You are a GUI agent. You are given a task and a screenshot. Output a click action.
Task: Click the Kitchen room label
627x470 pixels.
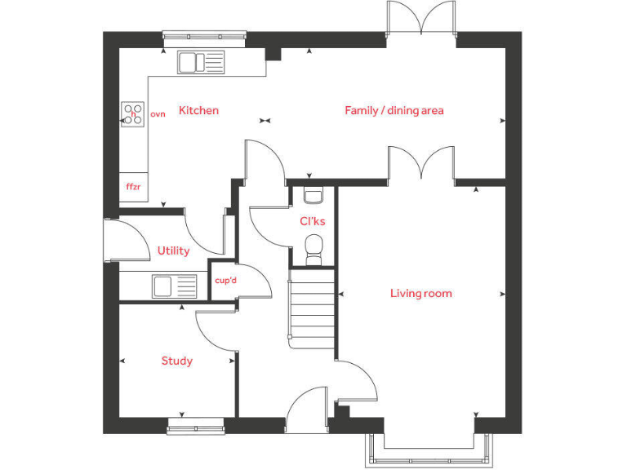pos(198,110)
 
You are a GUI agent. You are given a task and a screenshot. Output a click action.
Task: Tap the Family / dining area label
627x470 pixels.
pos(394,110)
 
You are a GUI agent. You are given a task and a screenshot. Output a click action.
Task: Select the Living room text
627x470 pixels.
pos(420,294)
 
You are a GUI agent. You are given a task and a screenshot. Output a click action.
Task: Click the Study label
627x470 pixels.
pos(176,361)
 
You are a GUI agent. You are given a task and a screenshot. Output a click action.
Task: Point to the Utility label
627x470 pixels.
pos(173,251)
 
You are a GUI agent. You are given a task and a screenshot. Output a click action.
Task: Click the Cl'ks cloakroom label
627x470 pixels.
pos(312,221)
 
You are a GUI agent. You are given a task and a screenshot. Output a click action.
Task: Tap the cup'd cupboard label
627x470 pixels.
pos(225,281)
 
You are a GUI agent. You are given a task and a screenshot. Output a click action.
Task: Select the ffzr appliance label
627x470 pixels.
pos(133,187)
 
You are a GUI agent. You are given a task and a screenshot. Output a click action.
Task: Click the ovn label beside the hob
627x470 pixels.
pos(158,114)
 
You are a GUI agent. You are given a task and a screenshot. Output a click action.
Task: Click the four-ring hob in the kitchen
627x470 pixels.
pos(133,113)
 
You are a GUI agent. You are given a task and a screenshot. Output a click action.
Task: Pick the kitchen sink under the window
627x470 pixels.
pos(201,62)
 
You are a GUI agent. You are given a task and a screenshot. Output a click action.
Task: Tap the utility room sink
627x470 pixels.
pos(174,286)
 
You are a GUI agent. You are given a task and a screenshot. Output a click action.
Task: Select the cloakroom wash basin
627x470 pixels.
pos(313,195)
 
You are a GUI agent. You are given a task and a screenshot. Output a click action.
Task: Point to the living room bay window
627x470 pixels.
pos(429,448)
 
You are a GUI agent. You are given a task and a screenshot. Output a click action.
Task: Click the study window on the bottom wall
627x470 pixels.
pos(196,424)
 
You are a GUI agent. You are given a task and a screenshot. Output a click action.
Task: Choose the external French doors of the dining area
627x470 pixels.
pos(421,18)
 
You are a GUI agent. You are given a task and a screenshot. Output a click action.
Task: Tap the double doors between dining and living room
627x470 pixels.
pos(421,163)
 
